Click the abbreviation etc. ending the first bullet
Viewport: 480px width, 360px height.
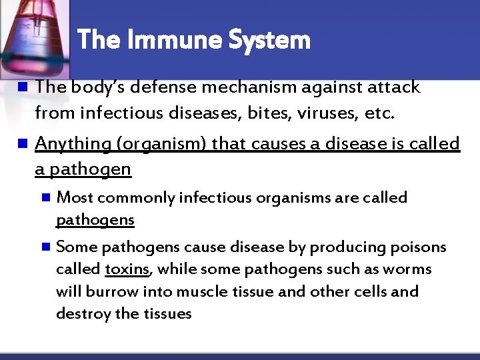380,113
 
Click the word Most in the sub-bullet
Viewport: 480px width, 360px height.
75,197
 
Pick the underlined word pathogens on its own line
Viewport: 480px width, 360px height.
95,220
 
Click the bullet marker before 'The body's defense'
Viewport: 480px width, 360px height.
22,87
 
